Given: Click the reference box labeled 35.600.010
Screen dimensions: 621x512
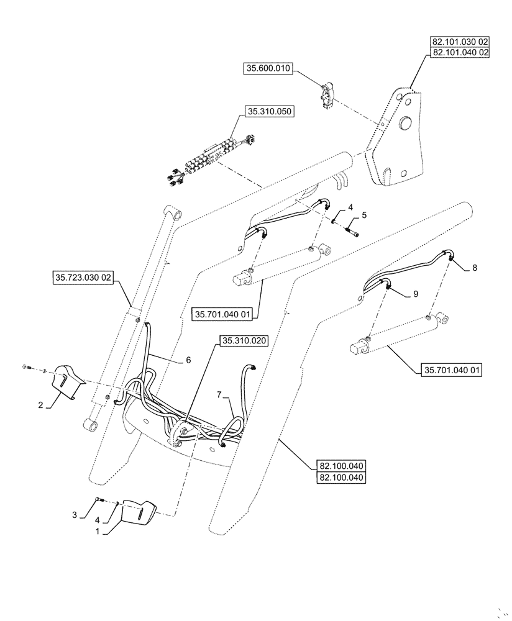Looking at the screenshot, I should [268, 69].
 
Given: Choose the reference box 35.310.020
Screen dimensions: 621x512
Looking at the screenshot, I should [244, 340].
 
